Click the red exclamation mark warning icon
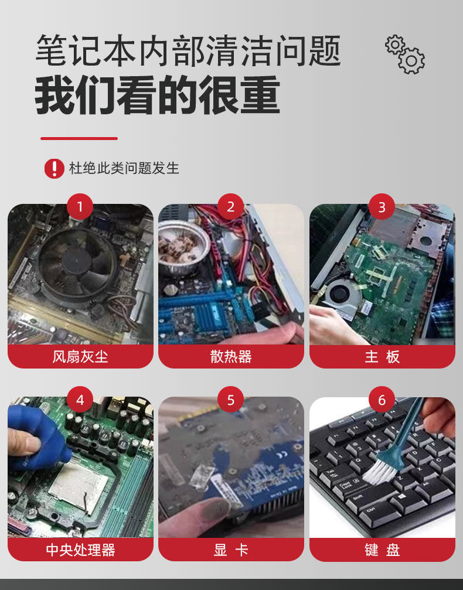54,168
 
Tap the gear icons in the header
405,54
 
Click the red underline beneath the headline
79,138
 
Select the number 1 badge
80,207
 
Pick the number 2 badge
231,207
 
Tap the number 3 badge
382,207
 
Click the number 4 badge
80,400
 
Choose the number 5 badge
231,400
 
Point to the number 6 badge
382,400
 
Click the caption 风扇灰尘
80,356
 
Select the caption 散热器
231,356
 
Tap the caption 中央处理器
80,550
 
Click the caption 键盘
382,550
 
